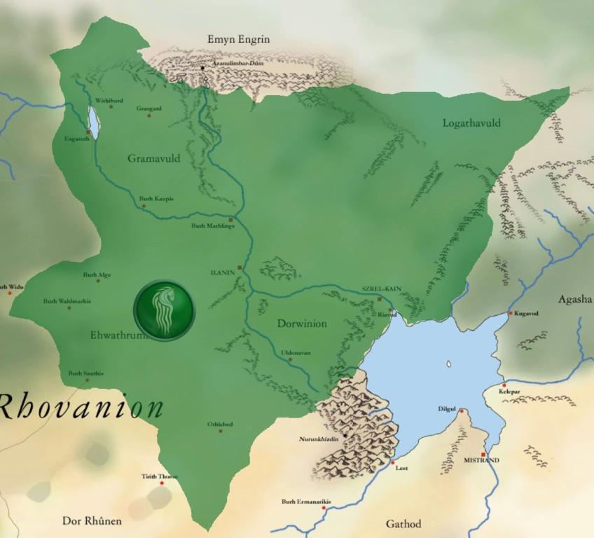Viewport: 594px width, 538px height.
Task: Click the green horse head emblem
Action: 165,310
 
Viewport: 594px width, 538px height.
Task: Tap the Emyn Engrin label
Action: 238,39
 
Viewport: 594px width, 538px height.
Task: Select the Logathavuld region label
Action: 471,123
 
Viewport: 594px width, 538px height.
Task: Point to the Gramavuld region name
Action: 153,159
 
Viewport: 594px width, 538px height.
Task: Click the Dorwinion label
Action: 302,324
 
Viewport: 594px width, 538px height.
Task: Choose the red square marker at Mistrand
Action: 483,455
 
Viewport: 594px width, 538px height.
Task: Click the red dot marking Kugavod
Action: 511,313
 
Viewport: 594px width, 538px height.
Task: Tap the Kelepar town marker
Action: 504,385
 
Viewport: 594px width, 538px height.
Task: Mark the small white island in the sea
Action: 448,364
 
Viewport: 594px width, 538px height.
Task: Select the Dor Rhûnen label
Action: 92,520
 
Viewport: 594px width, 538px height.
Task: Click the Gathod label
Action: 403,524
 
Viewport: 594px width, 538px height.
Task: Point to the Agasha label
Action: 574,300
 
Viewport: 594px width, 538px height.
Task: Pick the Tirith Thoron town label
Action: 160,476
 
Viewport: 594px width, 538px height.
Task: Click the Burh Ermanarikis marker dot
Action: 323,508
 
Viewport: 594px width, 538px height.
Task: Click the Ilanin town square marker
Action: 240,268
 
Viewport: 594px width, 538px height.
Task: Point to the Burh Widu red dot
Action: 10,293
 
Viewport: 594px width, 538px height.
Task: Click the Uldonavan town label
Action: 295,353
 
